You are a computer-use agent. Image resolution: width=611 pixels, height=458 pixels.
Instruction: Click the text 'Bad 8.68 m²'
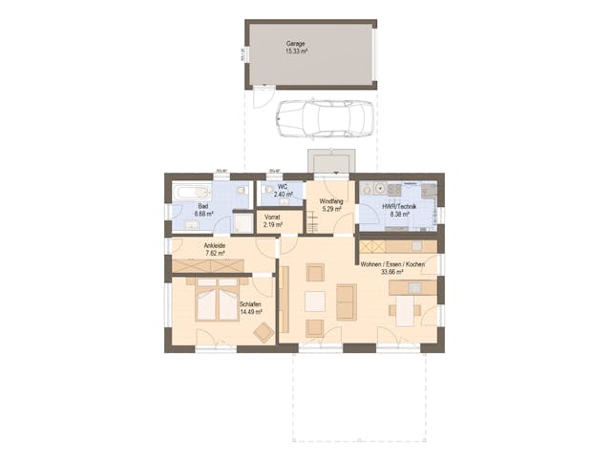pos(203,211)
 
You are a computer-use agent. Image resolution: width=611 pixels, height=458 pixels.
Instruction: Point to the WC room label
pos(282,191)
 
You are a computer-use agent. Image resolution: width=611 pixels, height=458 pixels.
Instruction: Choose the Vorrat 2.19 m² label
pos(273,221)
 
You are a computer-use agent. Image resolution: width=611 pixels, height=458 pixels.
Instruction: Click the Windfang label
pos(330,204)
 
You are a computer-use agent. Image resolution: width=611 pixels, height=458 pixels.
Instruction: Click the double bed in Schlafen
pos(217,303)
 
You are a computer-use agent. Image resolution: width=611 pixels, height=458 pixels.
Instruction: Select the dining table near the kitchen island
pos(406,310)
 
